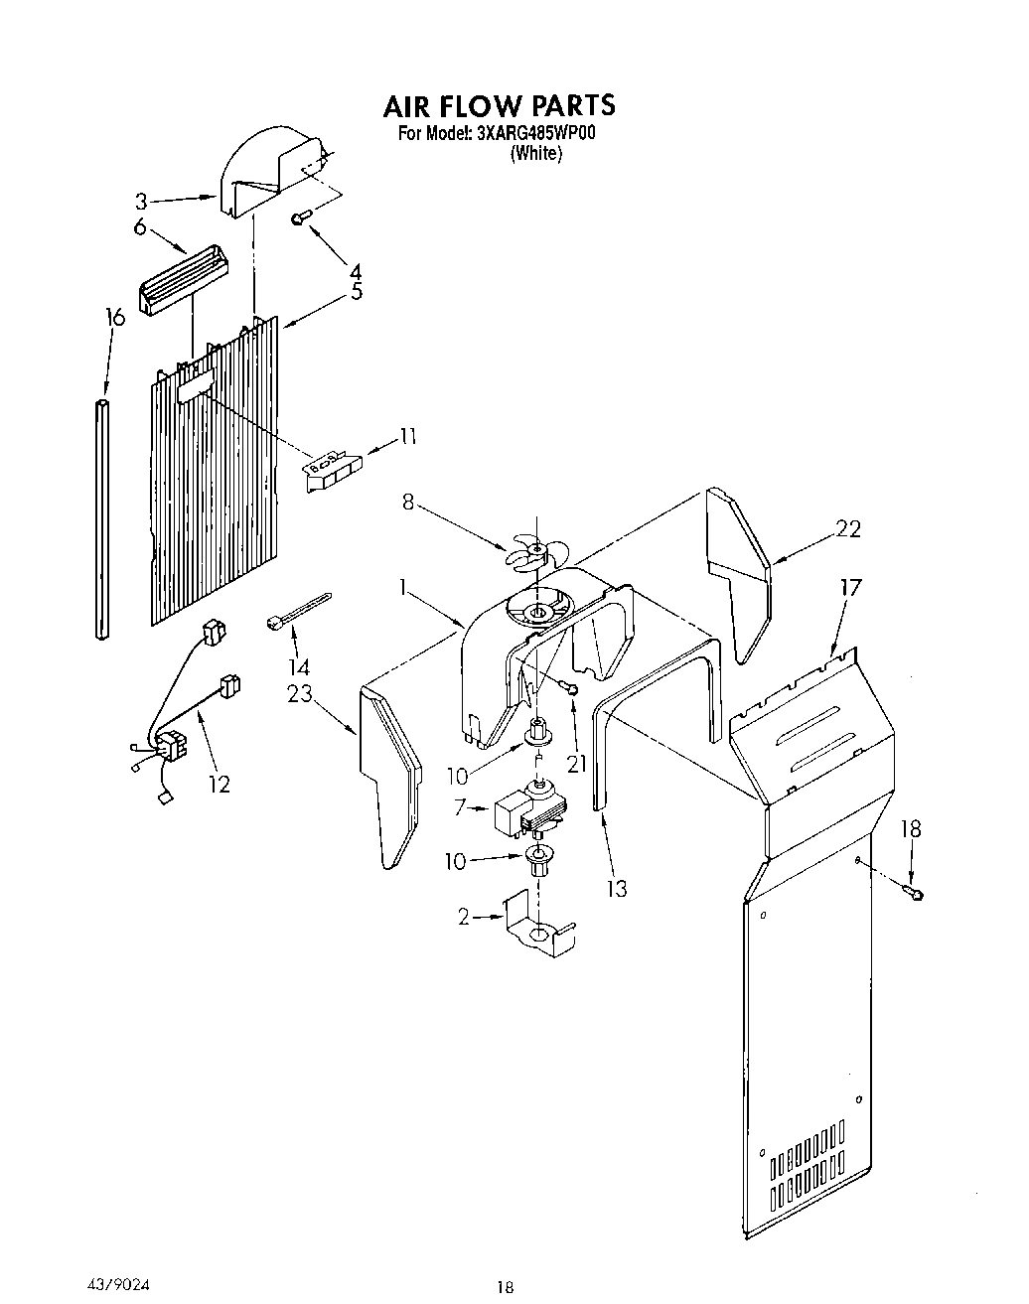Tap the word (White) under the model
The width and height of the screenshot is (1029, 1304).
pyautogui.click(x=536, y=154)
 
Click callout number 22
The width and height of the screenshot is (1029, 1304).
pyautogui.click(x=848, y=528)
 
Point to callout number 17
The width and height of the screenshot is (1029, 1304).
pyautogui.click(x=850, y=587)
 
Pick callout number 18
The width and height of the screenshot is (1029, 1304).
pyautogui.click(x=911, y=828)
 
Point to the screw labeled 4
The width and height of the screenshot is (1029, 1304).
pyautogui.click(x=299, y=217)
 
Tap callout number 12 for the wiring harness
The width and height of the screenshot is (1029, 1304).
pyautogui.click(x=219, y=784)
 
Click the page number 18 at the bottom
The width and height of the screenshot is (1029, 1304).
pyautogui.click(x=505, y=1287)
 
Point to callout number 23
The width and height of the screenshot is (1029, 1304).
pyautogui.click(x=301, y=694)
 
